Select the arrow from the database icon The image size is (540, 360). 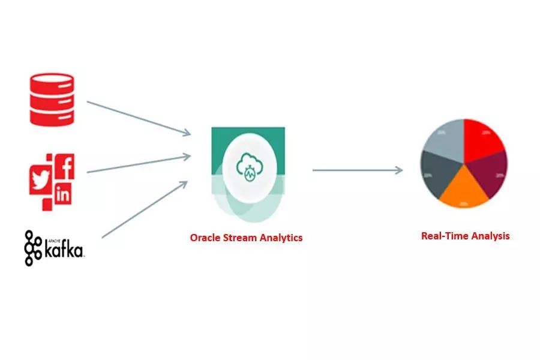[x=139, y=117]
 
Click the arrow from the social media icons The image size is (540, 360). [x=139, y=164]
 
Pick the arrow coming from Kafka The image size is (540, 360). [x=144, y=208]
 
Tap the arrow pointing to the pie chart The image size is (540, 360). [x=358, y=170]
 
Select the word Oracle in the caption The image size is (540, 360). [x=205, y=238]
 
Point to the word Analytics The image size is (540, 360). [x=281, y=238]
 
